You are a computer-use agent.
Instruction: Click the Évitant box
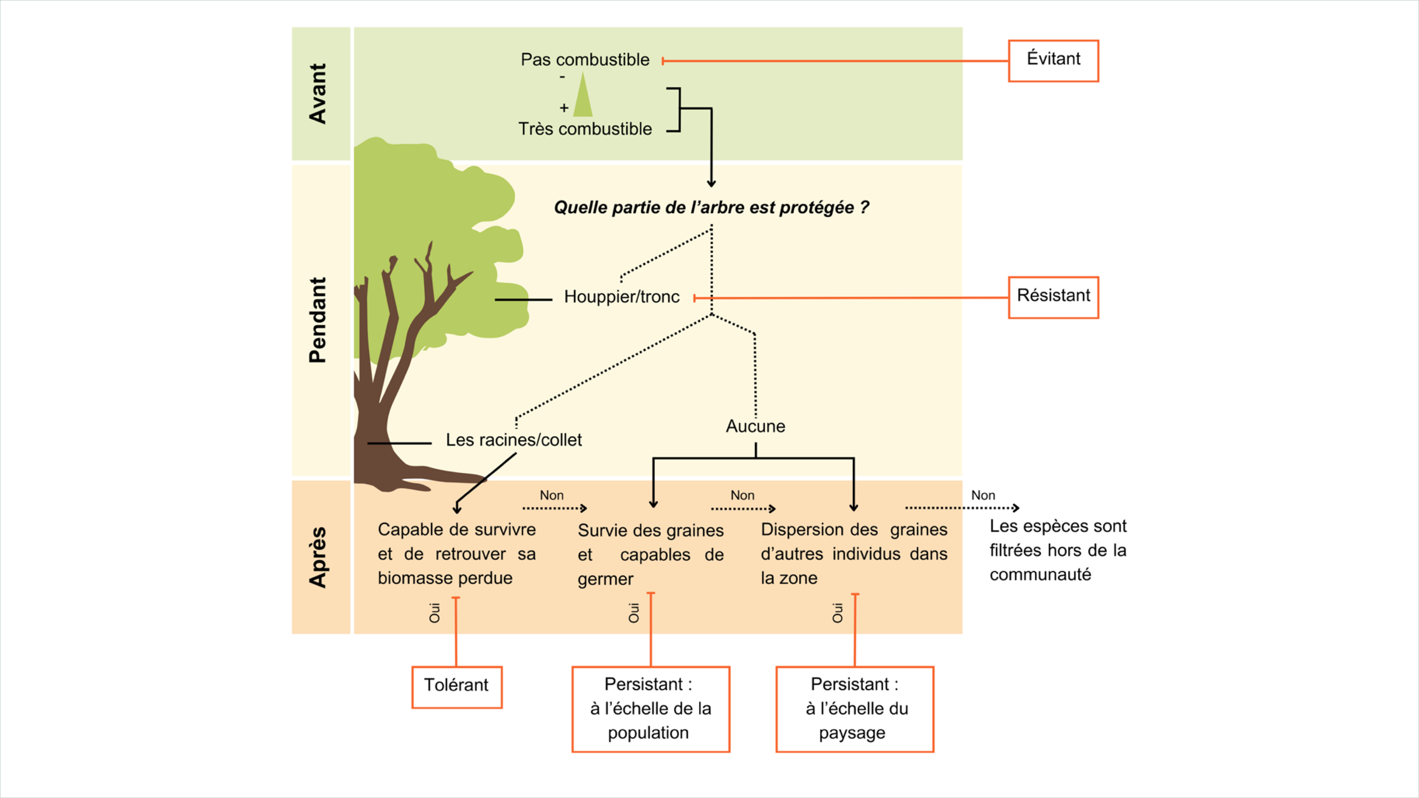1053,61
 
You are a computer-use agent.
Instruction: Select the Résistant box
1053,297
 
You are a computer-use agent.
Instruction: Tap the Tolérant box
457,687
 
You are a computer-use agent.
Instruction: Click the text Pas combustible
585,60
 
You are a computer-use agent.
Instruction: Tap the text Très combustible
585,128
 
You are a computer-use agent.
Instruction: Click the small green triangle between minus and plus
583,96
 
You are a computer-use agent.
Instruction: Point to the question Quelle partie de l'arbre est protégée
711,207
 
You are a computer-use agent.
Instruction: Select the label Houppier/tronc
621,297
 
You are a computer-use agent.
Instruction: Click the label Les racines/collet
513,440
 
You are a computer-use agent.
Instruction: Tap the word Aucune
755,426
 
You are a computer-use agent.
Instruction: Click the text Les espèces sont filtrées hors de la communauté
1058,550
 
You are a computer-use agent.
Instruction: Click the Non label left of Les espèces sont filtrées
983,495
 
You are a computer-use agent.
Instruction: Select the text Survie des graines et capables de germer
651,554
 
